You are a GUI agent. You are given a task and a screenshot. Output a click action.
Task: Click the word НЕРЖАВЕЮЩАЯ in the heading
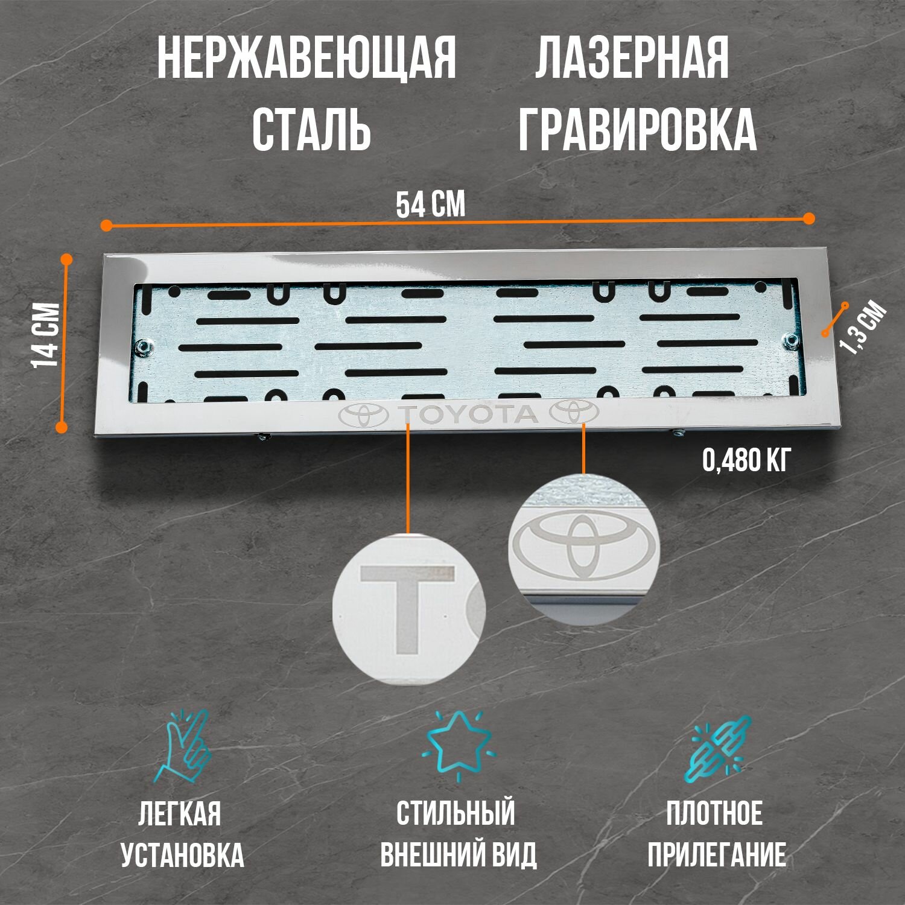coord(306,59)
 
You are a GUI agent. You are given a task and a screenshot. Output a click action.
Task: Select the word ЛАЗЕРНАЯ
coord(632,59)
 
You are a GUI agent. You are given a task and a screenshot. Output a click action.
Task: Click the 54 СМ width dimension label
coord(430,205)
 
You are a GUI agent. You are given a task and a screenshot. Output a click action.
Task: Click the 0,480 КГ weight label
coord(746,462)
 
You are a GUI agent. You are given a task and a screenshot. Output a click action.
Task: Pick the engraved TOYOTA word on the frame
coord(468,414)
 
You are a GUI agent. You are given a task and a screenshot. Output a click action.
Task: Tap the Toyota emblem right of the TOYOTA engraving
coord(574,413)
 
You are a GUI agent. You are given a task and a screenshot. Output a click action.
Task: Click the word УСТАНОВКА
coord(182,855)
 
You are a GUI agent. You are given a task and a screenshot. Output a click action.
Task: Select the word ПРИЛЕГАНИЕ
coord(717,855)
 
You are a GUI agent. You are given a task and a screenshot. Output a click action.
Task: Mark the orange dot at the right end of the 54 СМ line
coord(809,218)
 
